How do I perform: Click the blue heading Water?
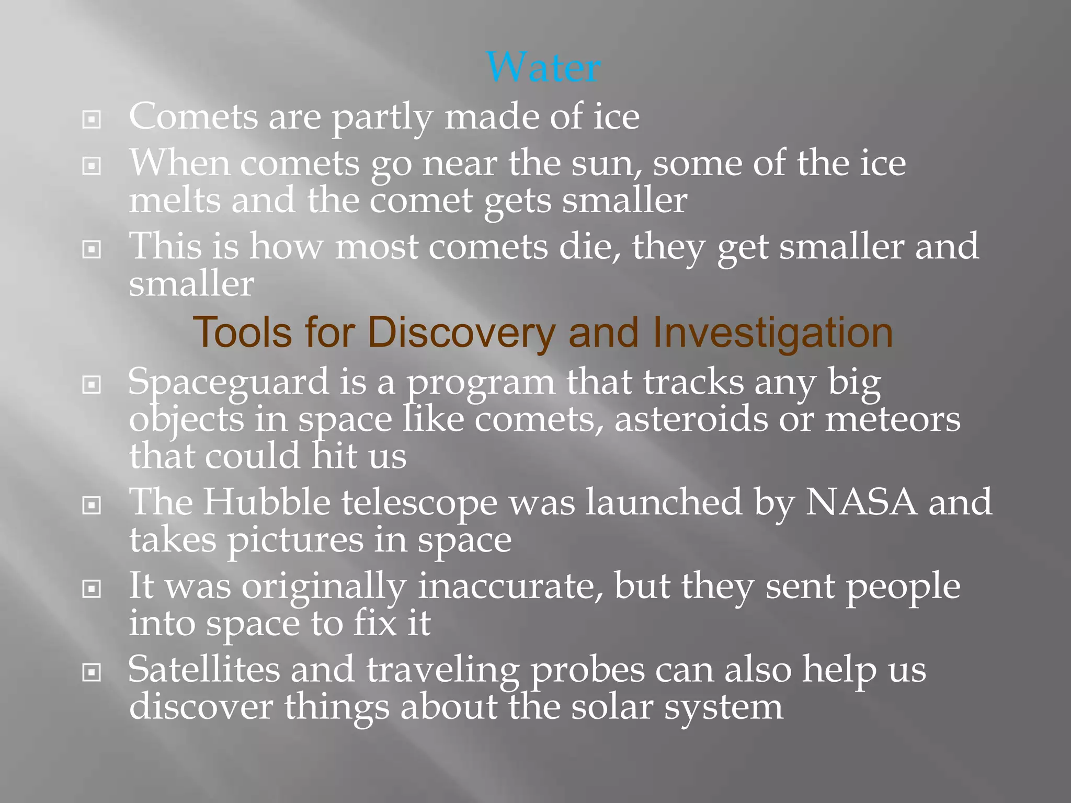click(543, 67)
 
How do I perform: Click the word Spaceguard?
click(228, 383)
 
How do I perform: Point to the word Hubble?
click(266, 502)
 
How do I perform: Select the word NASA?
click(861, 502)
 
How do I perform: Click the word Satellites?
click(204, 670)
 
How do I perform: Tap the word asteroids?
click(691, 420)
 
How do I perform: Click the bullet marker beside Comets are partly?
click(92, 120)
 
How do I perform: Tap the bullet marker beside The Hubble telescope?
click(92, 505)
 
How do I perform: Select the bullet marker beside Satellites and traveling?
click(92, 672)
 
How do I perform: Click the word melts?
click(175, 201)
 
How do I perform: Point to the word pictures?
click(294, 540)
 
